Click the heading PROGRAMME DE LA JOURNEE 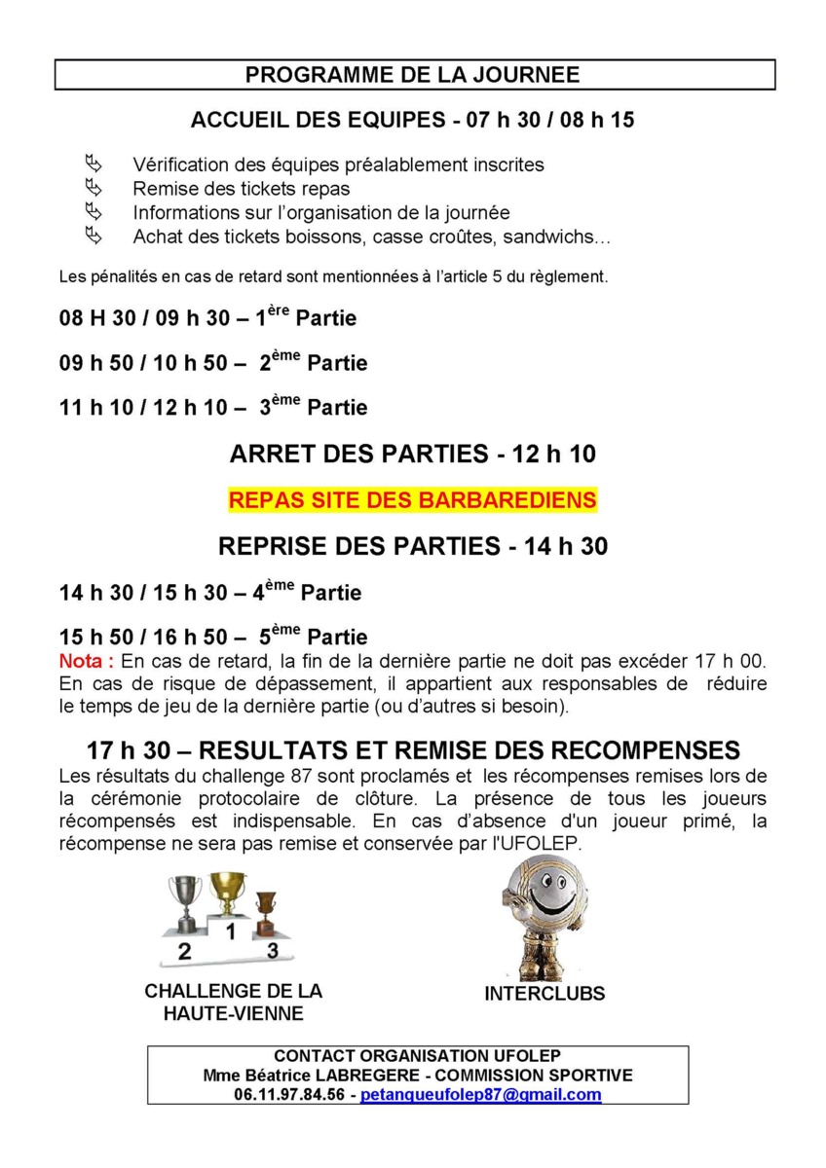click(x=412, y=75)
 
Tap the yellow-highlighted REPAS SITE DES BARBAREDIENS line click(x=412, y=500)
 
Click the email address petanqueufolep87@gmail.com click(x=480, y=1094)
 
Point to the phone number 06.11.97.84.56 click(x=289, y=1094)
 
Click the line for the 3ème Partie click(x=213, y=406)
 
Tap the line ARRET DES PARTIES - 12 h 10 click(x=412, y=455)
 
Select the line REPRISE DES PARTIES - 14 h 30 click(x=412, y=546)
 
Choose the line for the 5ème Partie click(x=213, y=637)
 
